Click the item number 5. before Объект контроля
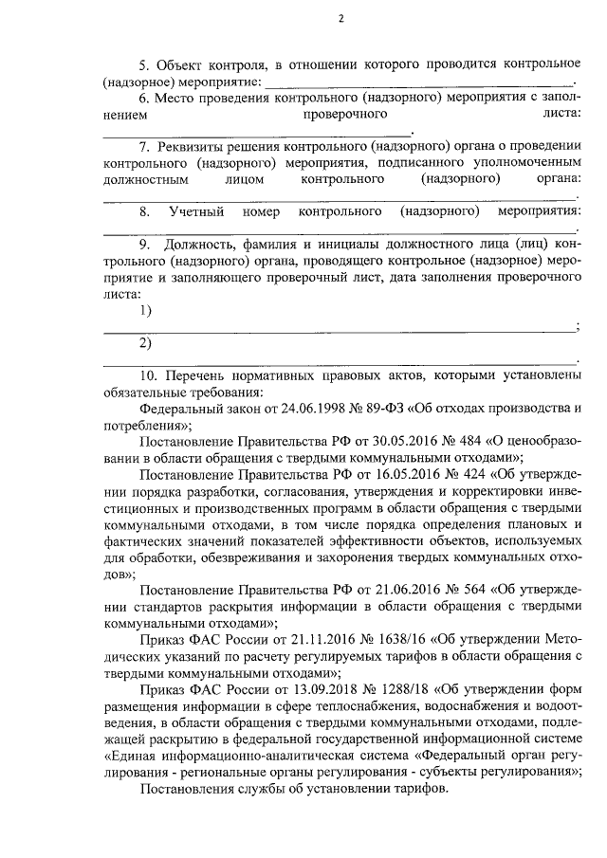[x=145, y=64]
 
